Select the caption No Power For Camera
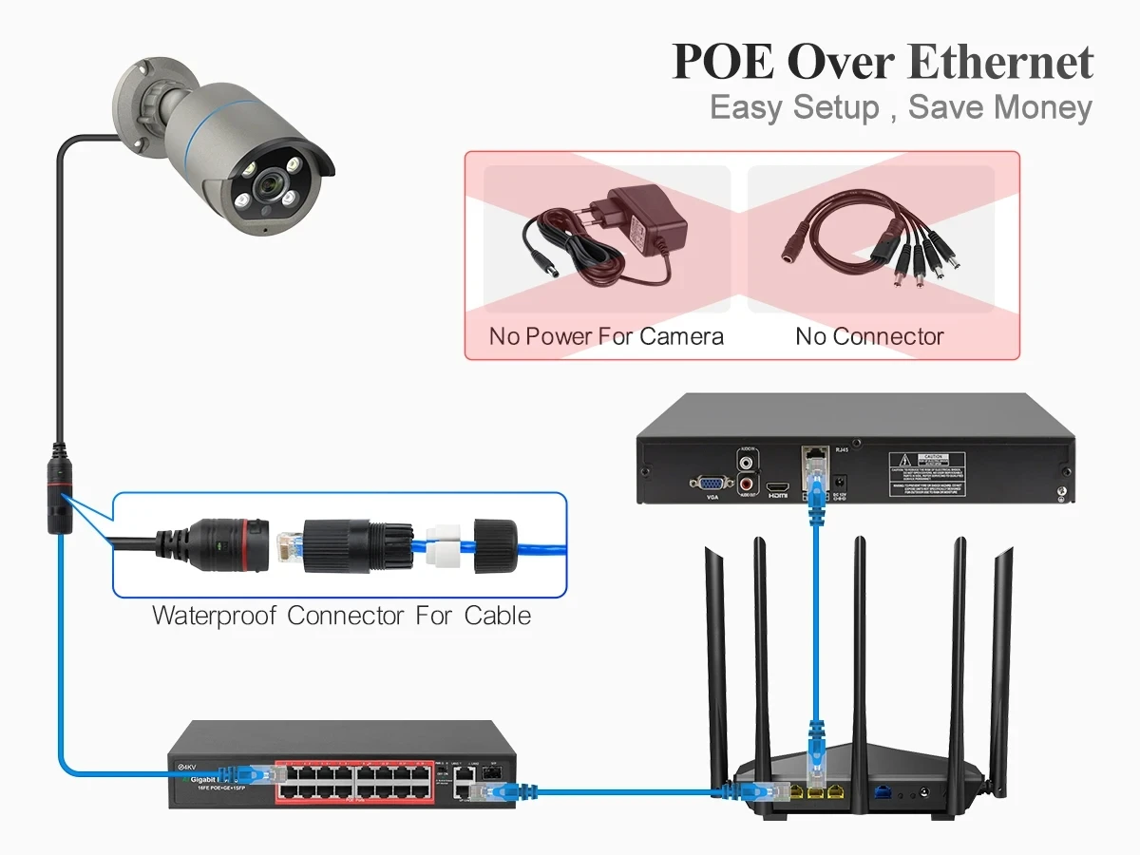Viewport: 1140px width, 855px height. click(x=606, y=336)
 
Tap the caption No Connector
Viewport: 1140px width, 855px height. click(x=869, y=336)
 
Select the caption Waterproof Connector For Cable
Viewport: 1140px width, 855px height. click(x=341, y=616)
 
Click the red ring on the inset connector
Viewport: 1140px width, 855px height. click(x=256, y=544)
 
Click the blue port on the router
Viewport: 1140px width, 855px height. click(x=883, y=790)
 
